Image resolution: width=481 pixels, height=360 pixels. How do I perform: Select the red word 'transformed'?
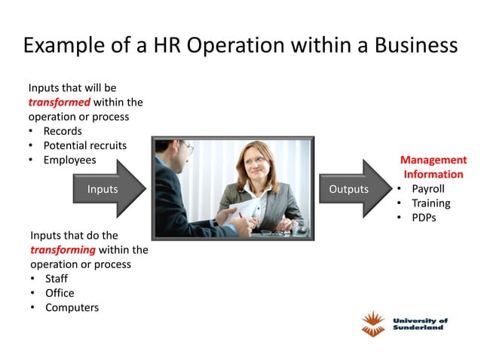click(60, 102)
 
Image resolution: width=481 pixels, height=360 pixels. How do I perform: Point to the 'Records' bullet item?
click(63, 131)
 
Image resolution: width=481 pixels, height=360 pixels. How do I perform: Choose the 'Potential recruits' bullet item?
click(84, 145)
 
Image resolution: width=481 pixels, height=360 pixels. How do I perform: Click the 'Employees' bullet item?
click(69, 160)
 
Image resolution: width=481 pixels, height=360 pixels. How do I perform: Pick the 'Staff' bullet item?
click(57, 279)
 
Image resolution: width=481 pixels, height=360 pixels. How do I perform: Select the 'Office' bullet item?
click(60, 293)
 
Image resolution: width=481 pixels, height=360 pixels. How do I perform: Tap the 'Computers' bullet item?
click(72, 307)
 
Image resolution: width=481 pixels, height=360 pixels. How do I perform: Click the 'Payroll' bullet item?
click(427, 188)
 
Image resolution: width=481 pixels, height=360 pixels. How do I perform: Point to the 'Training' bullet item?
click(430, 203)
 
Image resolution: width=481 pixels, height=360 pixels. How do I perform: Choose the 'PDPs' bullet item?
click(424, 218)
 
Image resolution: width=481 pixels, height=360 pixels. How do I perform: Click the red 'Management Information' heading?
click(434, 167)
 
